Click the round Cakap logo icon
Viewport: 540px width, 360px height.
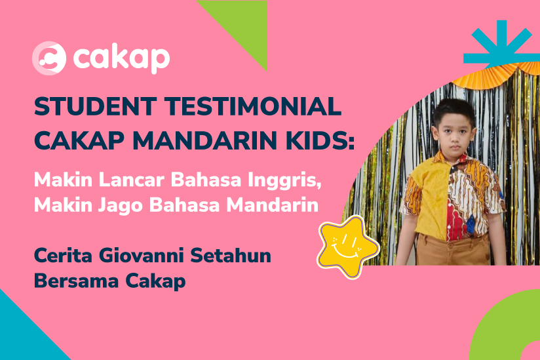tap(49, 58)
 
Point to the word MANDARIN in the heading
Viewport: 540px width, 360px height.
tap(204, 140)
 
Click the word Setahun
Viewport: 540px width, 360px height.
tap(231, 256)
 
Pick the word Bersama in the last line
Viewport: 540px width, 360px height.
tap(77, 281)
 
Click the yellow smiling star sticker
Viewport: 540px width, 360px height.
tap(347, 247)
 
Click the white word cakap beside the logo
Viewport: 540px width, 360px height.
tap(122, 58)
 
